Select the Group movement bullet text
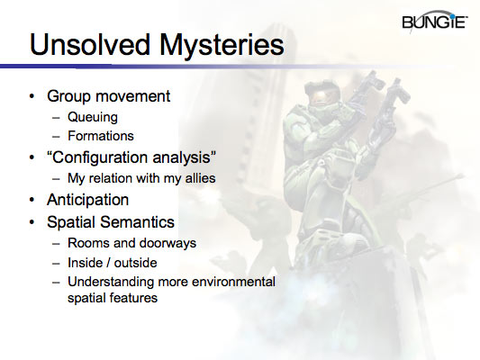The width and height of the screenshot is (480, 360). click(x=108, y=95)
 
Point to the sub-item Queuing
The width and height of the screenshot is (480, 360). click(x=93, y=117)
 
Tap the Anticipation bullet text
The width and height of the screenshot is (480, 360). click(x=89, y=199)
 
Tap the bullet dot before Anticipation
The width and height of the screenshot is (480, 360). click(x=33, y=200)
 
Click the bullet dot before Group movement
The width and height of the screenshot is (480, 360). click(x=33, y=96)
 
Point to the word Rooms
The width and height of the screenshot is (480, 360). click(x=87, y=243)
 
